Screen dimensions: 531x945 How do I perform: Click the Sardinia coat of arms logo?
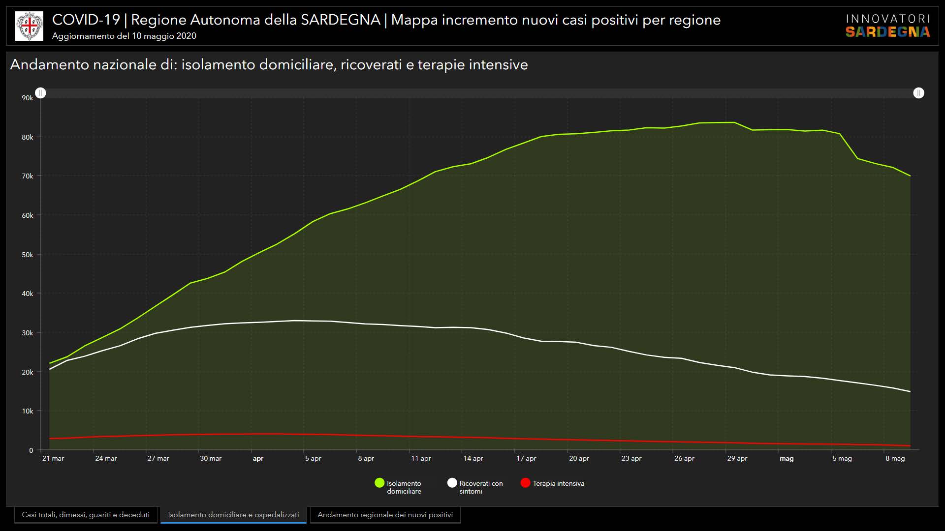(x=29, y=26)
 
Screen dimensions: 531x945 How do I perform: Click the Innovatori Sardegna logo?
(x=887, y=26)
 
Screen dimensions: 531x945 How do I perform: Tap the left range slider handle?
(x=41, y=93)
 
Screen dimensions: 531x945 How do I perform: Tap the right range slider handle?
(x=918, y=93)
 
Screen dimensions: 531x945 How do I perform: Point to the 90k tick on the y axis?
(x=28, y=98)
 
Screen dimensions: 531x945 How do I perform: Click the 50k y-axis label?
(x=28, y=255)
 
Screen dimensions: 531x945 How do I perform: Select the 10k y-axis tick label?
(x=28, y=411)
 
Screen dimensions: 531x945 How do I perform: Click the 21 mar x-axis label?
(x=53, y=458)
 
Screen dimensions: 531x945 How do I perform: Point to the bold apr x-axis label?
(x=258, y=458)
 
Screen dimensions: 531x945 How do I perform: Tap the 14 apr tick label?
(x=473, y=458)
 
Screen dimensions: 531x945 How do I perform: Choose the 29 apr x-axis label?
(x=737, y=458)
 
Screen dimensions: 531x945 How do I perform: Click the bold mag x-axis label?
(x=787, y=458)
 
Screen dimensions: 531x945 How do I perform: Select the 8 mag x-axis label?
(x=895, y=458)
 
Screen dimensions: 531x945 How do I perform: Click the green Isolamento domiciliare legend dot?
(x=379, y=483)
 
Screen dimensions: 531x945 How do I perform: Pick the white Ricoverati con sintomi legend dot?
(x=452, y=483)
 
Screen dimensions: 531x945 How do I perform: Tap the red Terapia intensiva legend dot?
(x=525, y=483)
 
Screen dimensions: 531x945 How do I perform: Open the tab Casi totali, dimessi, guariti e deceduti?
(x=86, y=515)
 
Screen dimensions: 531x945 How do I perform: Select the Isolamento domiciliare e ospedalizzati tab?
(x=233, y=515)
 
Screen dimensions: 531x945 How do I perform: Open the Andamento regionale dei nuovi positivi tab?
(x=385, y=515)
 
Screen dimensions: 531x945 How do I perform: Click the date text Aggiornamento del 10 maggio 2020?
(x=124, y=36)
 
